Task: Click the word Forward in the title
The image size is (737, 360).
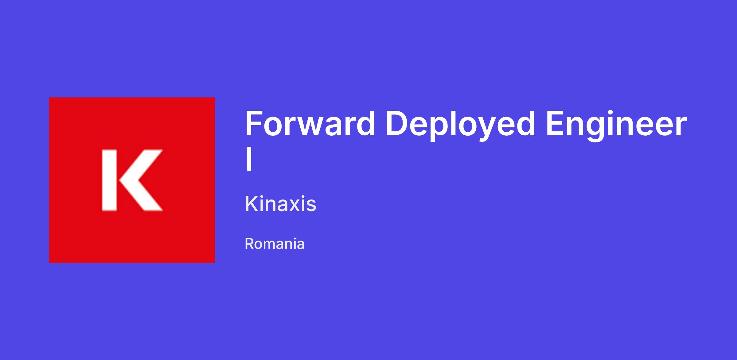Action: [310, 123]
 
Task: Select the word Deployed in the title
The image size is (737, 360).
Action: [461, 125]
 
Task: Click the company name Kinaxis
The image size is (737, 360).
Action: [281, 203]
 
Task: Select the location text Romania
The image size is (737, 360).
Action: [275, 244]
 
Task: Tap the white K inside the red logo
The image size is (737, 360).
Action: [132, 180]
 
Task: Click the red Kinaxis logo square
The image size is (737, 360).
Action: [132, 180]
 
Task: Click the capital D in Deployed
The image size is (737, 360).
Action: [397, 123]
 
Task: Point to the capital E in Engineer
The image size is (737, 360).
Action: [556, 123]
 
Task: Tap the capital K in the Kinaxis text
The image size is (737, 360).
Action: [252, 203]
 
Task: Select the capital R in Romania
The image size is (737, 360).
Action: [250, 244]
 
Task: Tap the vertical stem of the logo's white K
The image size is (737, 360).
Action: [109, 180]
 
